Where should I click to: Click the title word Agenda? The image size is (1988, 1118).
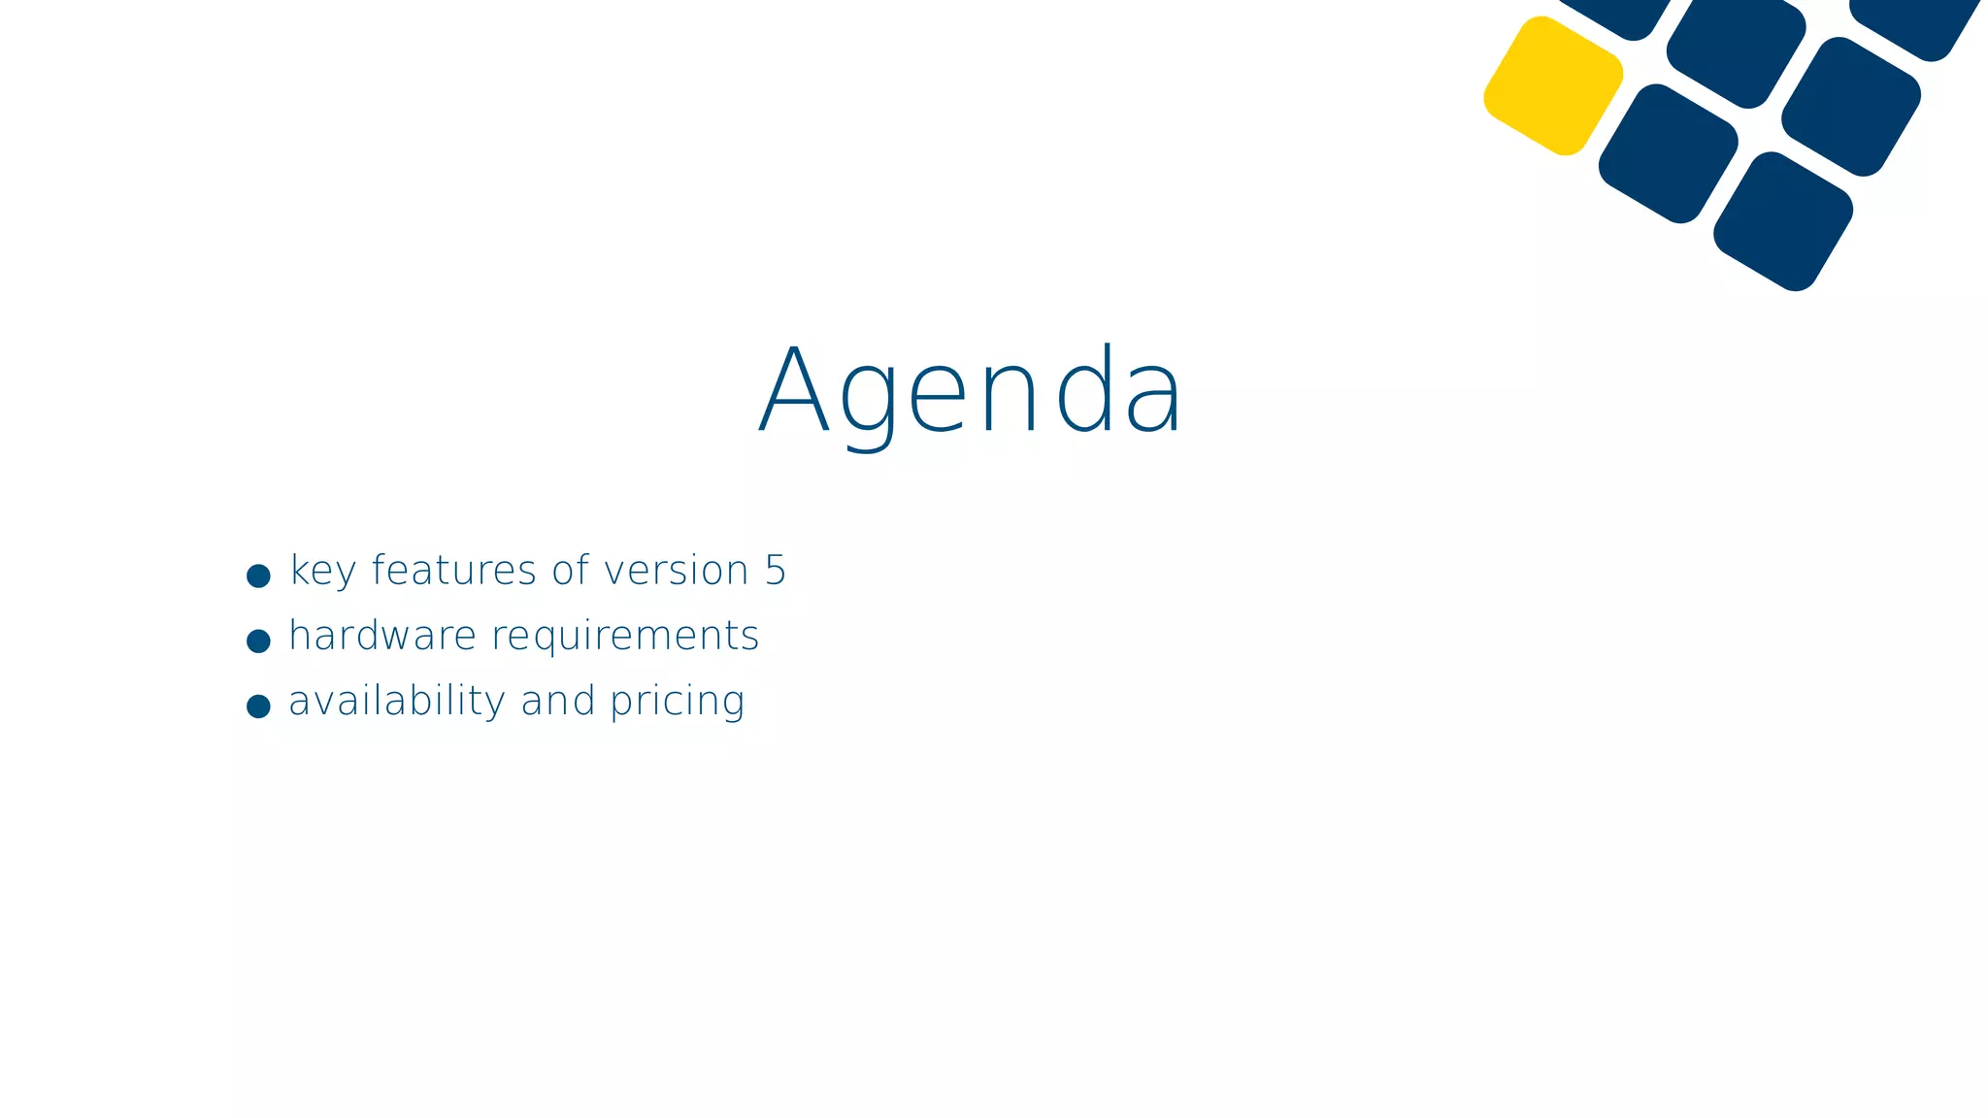pos(971,390)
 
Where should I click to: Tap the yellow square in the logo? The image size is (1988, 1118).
pos(1553,85)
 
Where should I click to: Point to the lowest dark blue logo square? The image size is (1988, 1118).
pos(1783,221)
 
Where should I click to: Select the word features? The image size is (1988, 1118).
pos(453,570)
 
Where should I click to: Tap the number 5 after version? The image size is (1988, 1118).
pos(775,570)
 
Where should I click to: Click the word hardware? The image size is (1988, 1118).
pos(382,636)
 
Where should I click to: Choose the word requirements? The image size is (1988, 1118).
pos(625,638)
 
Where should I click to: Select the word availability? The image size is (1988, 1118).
pos(397,701)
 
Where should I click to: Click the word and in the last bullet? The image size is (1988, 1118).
pos(558,701)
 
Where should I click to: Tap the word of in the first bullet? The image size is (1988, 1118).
pos(571,570)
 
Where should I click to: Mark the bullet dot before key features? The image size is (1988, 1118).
pos(258,576)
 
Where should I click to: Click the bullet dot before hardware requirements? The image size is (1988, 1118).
pos(258,641)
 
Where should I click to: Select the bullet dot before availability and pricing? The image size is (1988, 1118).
pos(258,707)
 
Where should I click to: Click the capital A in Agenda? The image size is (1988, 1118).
pos(794,390)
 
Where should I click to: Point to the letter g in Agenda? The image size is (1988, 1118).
pos(867,400)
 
